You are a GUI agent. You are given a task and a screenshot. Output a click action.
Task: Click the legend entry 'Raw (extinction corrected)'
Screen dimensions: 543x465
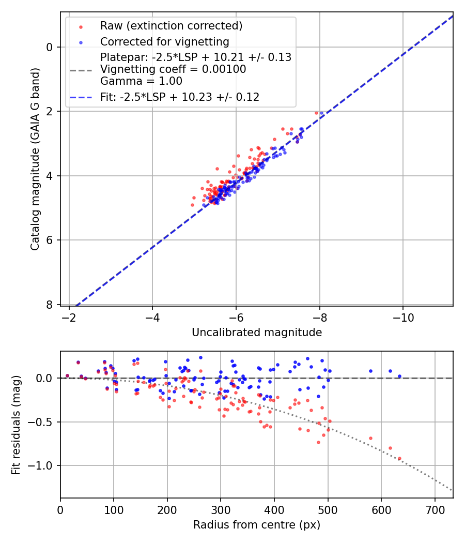[x=171, y=25]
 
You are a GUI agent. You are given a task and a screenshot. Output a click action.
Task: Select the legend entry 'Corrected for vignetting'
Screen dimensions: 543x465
[x=165, y=41]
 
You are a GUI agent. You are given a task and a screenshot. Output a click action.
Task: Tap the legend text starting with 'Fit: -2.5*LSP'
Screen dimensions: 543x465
[x=180, y=97]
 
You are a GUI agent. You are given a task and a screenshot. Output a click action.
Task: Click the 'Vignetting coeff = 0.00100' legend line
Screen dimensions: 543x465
[x=173, y=69]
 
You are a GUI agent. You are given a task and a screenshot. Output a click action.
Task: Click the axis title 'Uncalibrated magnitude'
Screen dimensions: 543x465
[x=257, y=333]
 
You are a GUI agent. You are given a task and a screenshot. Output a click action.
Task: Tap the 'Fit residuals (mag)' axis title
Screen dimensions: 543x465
[x=17, y=425]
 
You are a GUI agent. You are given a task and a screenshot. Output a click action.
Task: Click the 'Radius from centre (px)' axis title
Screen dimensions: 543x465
[x=257, y=525]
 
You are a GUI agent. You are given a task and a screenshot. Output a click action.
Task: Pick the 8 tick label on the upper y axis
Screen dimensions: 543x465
[x=50, y=305]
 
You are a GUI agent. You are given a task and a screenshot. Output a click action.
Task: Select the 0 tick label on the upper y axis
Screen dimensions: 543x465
[x=50, y=47]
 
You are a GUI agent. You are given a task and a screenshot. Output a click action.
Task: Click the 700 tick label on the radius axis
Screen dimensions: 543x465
[x=435, y=510]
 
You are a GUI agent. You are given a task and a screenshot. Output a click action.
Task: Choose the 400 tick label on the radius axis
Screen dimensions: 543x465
[x=274, y=510]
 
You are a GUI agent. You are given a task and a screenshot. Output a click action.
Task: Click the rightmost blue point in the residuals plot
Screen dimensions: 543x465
[x=399, y=376]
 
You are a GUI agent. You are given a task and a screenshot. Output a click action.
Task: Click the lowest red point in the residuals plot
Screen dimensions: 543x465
[x=399, y=458]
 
